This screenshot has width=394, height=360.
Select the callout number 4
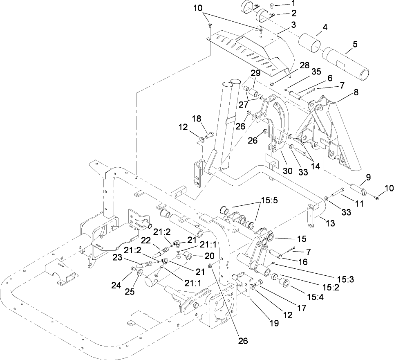325,28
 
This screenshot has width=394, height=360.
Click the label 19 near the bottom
273,323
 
